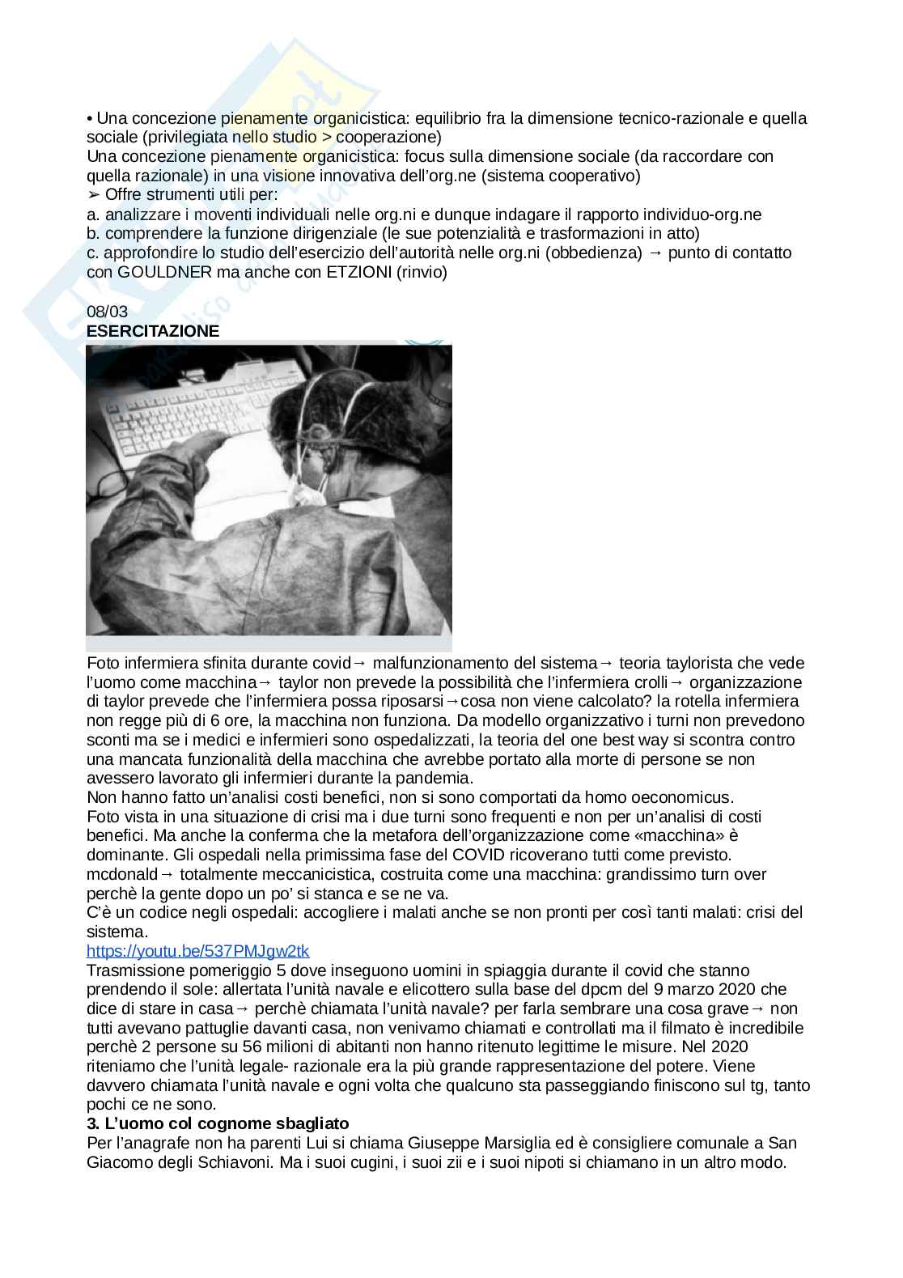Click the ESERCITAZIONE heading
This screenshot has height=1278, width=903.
coord(153,331)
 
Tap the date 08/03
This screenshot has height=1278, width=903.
coord(107,312)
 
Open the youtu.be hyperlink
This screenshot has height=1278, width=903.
coord(197,950)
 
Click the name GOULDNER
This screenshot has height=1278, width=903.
coord(165,272)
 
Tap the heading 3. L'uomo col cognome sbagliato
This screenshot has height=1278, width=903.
coord(218,1123)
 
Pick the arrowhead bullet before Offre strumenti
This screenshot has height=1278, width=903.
coord(93,195)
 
